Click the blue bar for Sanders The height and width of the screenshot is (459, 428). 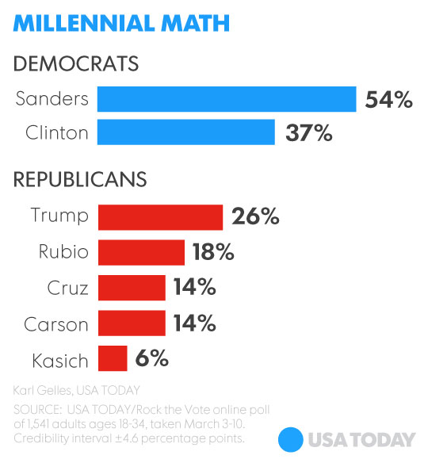(x=227, y=99)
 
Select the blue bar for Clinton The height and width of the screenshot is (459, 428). (x=186, y=132)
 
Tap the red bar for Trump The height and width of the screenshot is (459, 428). (x=160, y=216)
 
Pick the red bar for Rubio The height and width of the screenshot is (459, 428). (x=141, y=252)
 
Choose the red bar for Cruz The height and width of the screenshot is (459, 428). (x=132, y=288)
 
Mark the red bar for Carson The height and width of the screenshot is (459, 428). (x=132, y=323)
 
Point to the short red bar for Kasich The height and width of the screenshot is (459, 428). (x=113, y=358)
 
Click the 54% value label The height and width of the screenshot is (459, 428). (x=388, y=100)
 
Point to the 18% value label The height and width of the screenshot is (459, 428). (x=212, y=252)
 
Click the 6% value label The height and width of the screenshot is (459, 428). (x=151, y=358)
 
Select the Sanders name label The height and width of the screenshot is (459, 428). (x=52, y=99)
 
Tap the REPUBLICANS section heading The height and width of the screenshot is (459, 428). (x=80, y=179)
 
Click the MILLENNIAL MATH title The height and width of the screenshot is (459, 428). (x=121, y=23)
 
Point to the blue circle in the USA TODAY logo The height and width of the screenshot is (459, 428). (x=292, y=439)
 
